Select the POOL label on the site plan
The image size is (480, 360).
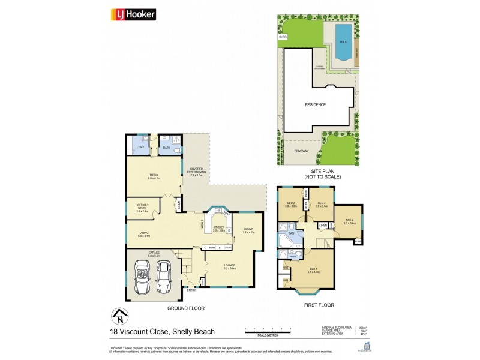[x=343, y=43]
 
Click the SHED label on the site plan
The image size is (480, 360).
[x=283, y=37]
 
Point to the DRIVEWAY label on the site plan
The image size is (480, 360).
[x=301, y=151]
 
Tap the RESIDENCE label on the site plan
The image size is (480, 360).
[x=316, y=104]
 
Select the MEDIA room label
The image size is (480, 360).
[x=152, y=175]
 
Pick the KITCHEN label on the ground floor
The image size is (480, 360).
[x=217, y=228]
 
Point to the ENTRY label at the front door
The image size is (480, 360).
[x=191, y=290]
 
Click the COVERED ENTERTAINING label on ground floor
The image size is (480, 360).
[x=196, y=172]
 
